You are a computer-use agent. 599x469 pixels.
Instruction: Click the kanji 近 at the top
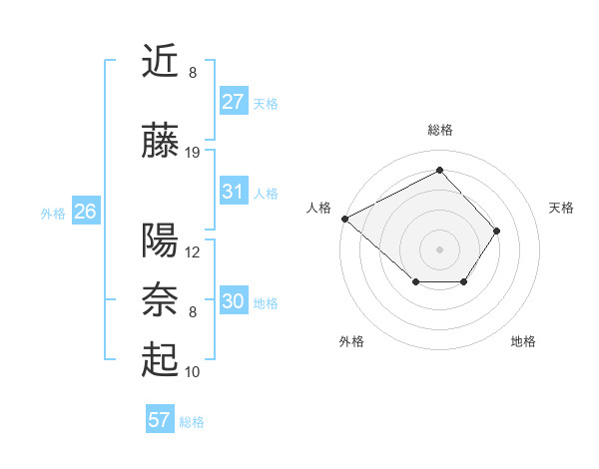[160, 62]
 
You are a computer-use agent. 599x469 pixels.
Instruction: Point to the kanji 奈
[160, 300]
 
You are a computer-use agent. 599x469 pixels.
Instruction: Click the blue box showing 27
[234, 102]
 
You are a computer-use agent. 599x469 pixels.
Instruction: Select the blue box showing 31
[234, 192]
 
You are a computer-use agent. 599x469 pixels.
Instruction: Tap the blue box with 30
[234, 301]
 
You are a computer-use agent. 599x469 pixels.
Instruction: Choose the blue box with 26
[85, 212]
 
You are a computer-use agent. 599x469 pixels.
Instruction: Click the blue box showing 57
[159, 420]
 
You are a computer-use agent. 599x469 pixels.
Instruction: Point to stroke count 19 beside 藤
[193, 153]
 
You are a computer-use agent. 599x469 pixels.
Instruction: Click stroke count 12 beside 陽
[193, 252]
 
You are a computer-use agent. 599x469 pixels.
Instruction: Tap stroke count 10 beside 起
[193, 372]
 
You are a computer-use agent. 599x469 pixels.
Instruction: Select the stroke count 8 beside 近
[193, 73]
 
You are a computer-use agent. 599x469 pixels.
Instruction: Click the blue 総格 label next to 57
[192, 422]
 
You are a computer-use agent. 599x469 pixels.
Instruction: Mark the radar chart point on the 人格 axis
[344, 219]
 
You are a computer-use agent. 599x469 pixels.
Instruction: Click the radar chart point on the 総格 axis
[439, 171]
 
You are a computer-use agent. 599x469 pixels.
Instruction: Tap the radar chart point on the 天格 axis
[497, 231]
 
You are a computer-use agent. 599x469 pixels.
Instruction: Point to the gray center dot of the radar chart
[439, 248]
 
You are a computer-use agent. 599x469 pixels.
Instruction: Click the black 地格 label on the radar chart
[523, 341]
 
